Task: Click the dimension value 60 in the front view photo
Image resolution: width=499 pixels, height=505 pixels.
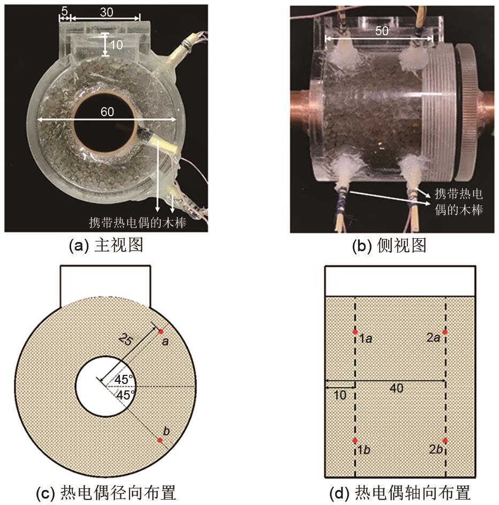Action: coord(107,112)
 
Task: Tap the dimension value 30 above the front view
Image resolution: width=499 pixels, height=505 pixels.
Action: coord(107,12)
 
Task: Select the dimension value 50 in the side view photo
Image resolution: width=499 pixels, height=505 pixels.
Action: coord(382,31)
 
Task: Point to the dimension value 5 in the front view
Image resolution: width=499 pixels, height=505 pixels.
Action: coord(64,11)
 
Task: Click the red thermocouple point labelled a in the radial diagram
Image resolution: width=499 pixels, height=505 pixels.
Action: coord(161,331)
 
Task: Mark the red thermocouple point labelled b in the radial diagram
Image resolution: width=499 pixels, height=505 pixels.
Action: coord(160,440)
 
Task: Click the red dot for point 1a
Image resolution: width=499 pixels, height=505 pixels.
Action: coord(355,332)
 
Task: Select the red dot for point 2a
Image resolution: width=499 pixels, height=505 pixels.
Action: coord(445,332)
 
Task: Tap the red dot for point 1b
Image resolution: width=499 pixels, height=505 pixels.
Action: coord(355,441)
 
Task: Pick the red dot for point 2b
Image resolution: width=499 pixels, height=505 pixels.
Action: coord(445,441)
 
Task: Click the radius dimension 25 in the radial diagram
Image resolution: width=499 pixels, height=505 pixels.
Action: coord(125,340)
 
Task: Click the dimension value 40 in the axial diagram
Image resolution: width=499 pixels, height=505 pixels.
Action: coord(396,388)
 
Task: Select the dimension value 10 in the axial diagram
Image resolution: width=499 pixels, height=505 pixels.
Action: coord(339,395)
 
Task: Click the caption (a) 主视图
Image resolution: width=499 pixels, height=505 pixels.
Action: coord(106,245)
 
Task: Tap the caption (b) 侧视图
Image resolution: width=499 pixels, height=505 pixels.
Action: coord(389,245)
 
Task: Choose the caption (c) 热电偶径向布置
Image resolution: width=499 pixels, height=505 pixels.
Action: coord(106,493)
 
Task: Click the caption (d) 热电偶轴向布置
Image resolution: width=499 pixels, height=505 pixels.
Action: coord(400,493)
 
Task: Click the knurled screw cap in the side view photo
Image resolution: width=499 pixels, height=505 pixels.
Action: coord(468,111)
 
